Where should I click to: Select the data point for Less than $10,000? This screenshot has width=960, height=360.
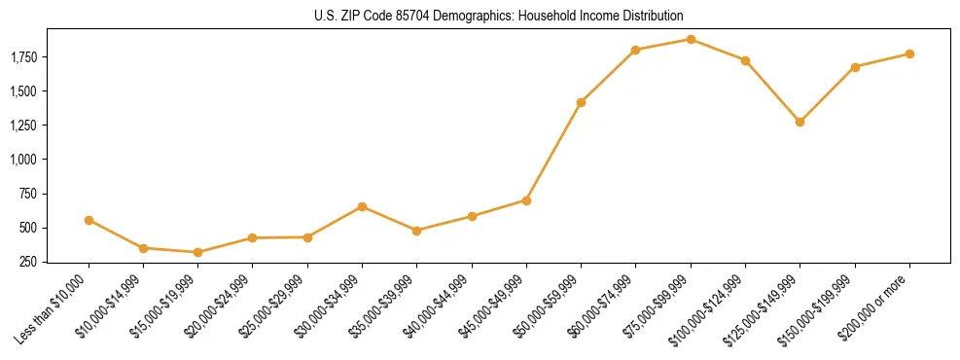coord(89,220)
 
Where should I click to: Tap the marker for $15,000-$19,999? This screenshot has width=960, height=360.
coord(198,252)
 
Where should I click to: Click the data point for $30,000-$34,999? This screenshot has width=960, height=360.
coord(362,206)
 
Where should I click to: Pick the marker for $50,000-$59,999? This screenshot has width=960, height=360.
coord(581,102)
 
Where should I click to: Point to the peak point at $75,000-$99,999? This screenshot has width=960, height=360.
coord(691,39)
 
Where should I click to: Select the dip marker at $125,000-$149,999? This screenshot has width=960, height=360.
coord(800,122)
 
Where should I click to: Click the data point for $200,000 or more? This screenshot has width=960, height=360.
coord(909,54)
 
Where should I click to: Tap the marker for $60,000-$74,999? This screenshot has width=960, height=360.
coord(635,50)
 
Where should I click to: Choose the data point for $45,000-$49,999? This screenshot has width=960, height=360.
coord(526,200)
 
